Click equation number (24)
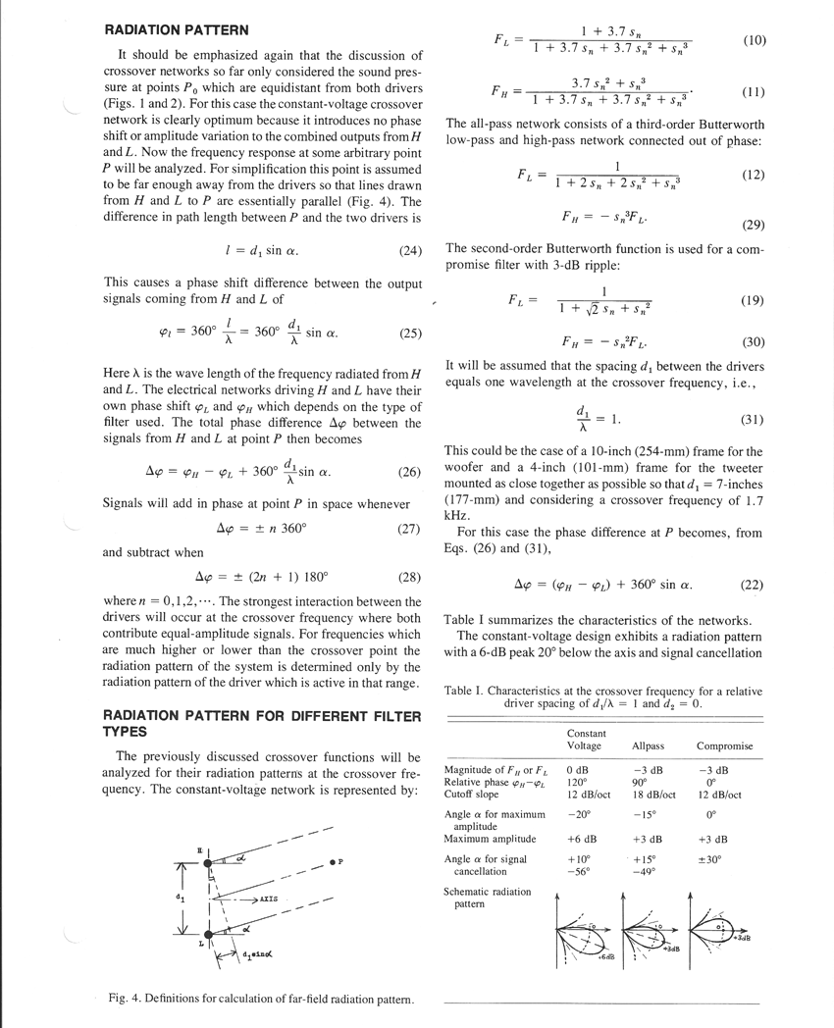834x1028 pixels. pyautogui.click(x=410, y=251)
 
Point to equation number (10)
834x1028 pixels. pyautogui.click(x=754, y=41)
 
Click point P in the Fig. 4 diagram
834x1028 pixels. pyautogui.click(x=332, y=861)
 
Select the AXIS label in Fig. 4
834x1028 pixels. pyautogui.click(x=267, y=899)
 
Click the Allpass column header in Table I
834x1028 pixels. pyautogui.click(x=650, y=746)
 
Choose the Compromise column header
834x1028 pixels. pyautogui.click(x=724, y=746)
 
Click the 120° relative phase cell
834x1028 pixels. pyautogui.click(x=577, y=783)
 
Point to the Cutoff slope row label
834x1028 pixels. pyautogui.click(x=472, y=795)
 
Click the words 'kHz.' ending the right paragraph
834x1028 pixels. pyautogui.click(x=456, y=514)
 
